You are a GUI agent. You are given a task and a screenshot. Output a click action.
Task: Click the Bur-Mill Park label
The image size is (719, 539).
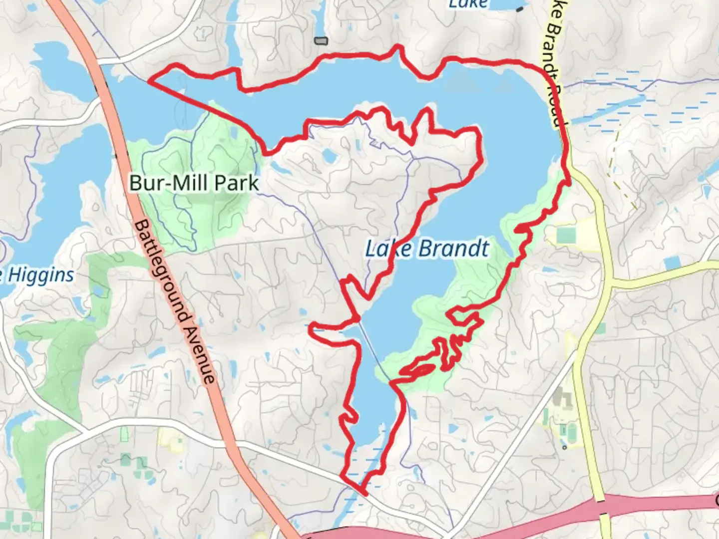pyautogui.click(x=194, y=183)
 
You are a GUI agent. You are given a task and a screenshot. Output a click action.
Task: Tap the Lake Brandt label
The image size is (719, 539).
pyautogui.click(x=427, y=248)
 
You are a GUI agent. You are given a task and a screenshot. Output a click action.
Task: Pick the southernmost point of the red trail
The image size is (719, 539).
pyautogui.click(x=365, y=494)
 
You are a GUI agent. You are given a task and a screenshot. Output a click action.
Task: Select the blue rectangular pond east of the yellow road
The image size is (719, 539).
pyautogui.click(x=672, y=263)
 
